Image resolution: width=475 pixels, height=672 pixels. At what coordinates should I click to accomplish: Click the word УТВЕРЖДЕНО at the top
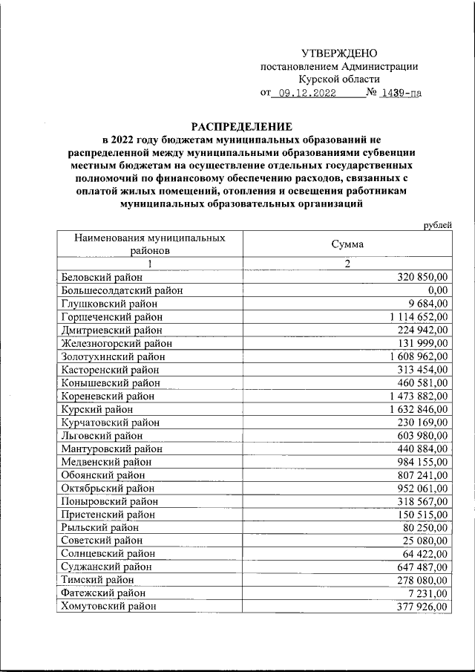click(339, 53)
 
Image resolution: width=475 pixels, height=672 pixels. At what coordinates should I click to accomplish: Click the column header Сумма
click(347, 244)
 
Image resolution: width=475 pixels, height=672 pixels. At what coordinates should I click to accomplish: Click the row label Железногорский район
click(117, 343)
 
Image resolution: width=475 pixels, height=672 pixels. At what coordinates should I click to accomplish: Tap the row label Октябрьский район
click(108, 488)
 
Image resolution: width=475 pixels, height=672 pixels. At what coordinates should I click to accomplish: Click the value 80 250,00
click(425, 527)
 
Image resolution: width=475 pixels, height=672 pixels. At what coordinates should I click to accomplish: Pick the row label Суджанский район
click(107, 567)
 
